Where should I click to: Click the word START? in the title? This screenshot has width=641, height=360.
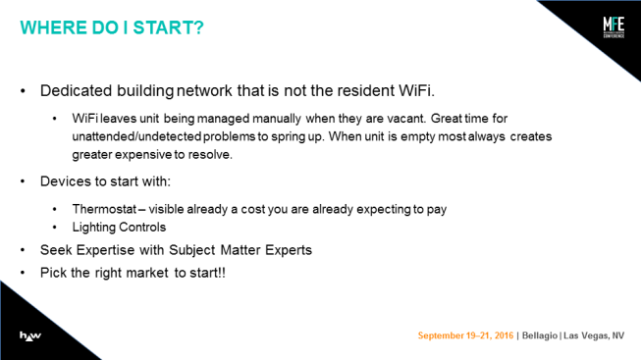[168, 27]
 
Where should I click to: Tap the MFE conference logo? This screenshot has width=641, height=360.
[614, 26]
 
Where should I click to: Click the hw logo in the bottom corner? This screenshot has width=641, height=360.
[30, 335]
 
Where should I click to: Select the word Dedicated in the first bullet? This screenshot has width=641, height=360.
[76, 90]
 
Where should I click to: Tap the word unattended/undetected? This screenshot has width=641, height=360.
[136, 136]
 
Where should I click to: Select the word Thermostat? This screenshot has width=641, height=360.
[104, 209]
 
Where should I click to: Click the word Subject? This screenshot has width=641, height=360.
[192, 250]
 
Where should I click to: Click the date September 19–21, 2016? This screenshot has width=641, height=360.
[465, 335]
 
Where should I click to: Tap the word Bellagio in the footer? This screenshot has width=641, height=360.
[540, 335]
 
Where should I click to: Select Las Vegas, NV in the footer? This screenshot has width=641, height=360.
[594, 335]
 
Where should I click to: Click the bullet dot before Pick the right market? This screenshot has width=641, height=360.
[23, 273]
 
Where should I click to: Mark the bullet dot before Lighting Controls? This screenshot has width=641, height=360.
[55, 228]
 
